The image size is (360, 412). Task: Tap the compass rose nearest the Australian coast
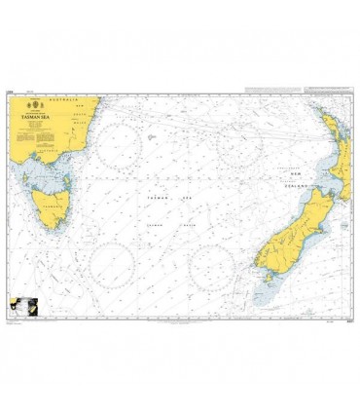[125, 148]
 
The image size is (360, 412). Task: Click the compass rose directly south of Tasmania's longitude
[112, 265]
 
